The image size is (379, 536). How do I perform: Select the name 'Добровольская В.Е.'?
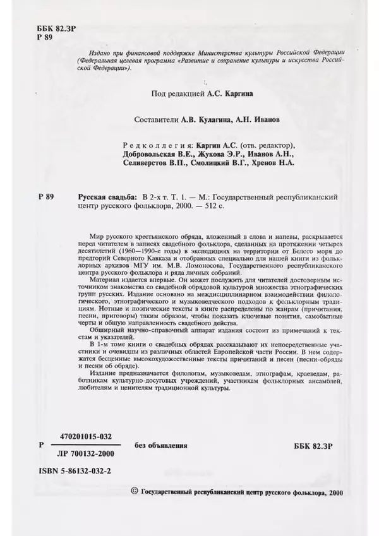pyautogui.click(x=151, y=152)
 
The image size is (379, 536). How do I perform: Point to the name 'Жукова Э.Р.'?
pyautogui.click(x=213, y=152)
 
